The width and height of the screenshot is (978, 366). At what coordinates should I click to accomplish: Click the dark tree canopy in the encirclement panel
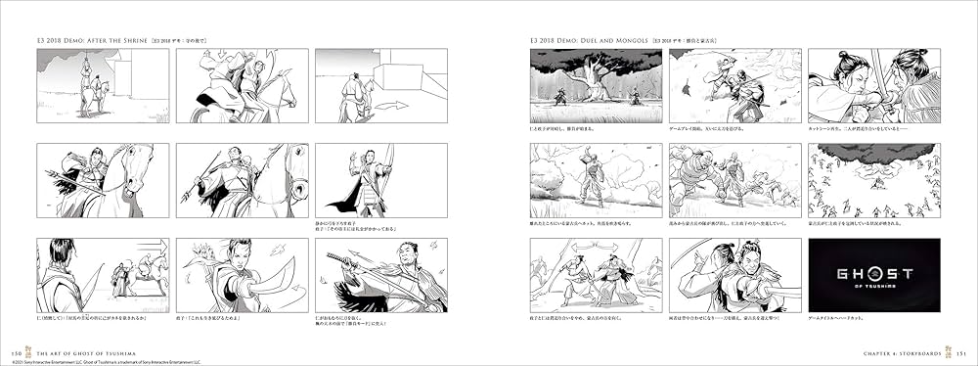873,157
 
